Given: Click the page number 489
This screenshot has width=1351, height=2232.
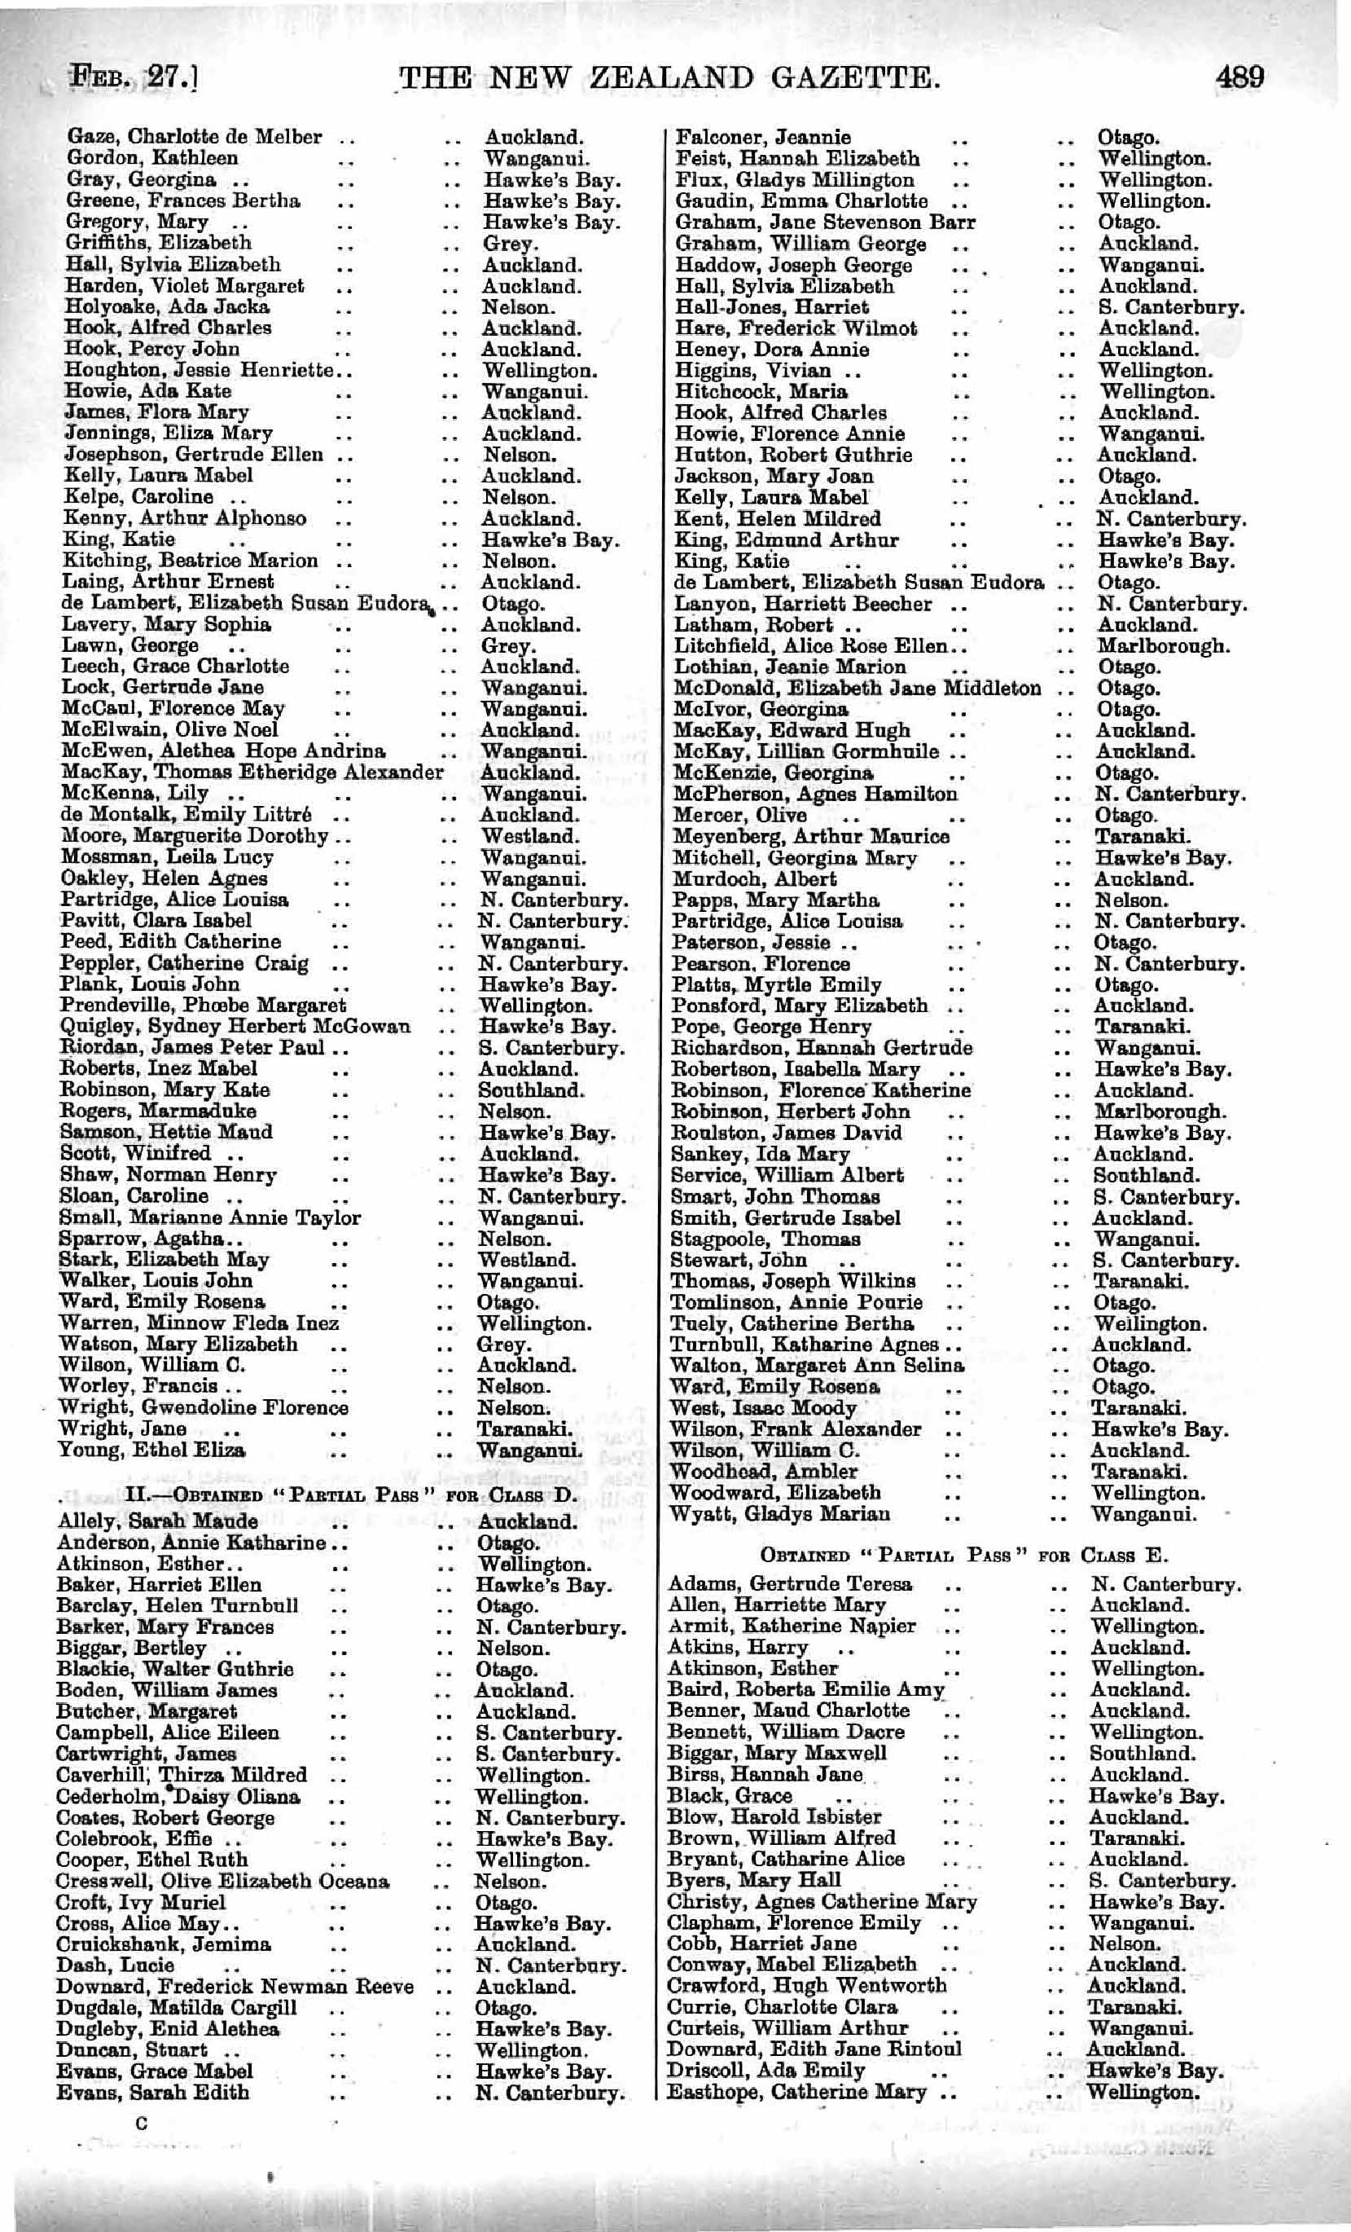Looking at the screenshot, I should point(1239,76).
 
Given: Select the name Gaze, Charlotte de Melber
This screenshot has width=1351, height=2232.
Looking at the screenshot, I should point(194,138).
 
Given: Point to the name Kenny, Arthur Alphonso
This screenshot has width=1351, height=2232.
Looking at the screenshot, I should point(185,519).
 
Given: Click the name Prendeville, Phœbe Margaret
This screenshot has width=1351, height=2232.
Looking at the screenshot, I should point(204,1006).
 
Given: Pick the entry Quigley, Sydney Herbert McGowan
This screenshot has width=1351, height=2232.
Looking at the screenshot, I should point(235,1026).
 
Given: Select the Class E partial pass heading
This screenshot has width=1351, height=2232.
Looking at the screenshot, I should point(963,1556).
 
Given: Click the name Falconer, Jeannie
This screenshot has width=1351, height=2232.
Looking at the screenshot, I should point(762,138).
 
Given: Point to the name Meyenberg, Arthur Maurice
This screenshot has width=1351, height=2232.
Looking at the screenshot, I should point(810,836).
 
